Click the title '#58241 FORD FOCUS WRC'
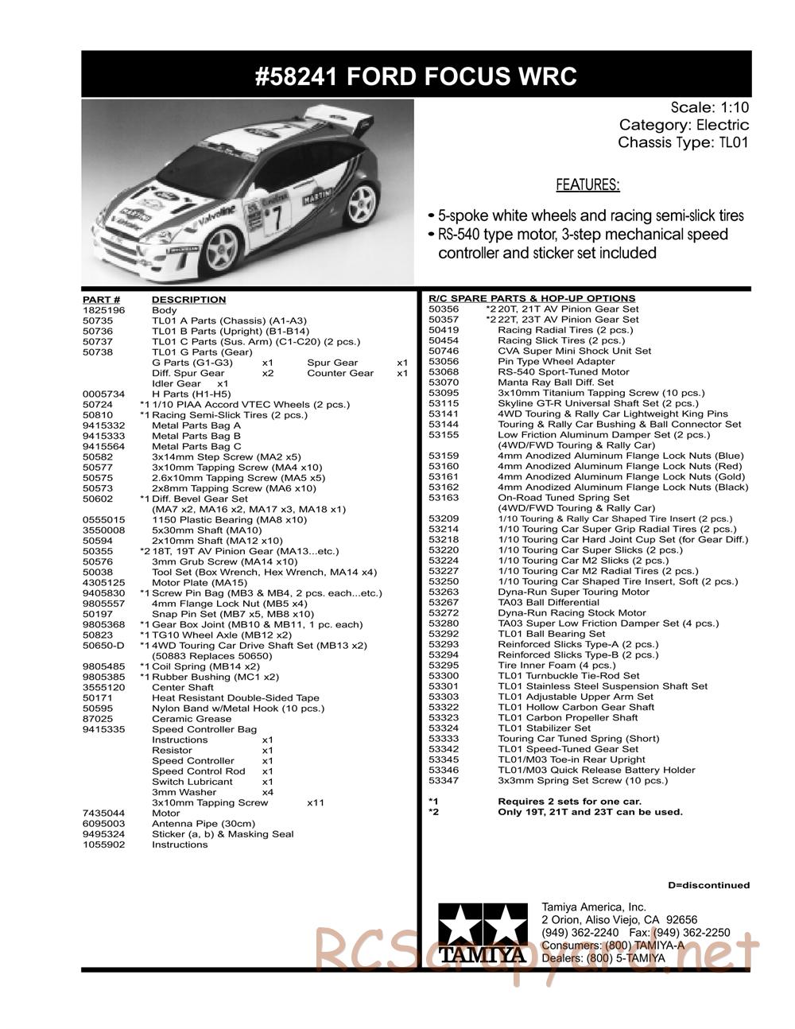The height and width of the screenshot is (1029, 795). pyautogui.click(x=416, y=76)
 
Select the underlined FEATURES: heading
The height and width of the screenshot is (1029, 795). pyautogui.click(x=588, y=185)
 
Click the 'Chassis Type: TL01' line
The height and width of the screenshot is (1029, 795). pyautogui.click(x=683, y=143)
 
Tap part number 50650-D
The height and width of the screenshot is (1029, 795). pyautogui.click(x=102, y=646)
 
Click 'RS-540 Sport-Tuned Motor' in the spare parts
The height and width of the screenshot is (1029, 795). pyautogui.click(x=563, y=372)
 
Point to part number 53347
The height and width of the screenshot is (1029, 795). pyautogui.click(x=444, y=781)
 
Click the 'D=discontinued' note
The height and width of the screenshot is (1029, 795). pyautogui.click(x=708, y=885)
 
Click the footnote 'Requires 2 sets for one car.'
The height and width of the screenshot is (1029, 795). pyautogui.click(x=569, y=802)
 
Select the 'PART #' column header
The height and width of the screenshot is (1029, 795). pyautogui.click(x=101, y=300)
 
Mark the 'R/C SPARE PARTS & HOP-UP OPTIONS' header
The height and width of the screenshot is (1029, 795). pyautogui.click(x=532, y=298)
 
